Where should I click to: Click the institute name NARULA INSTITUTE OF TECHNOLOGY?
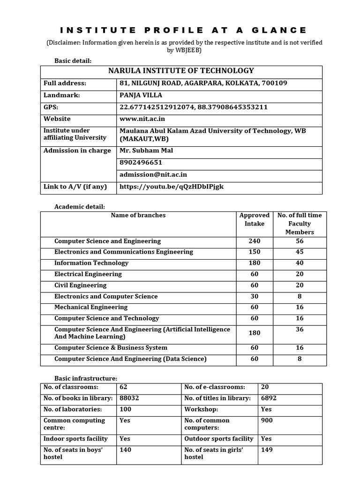click(181, 71)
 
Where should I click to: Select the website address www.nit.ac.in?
click(142, 119)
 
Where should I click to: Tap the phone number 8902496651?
click(141, 163)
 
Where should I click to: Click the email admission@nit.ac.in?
click(153, 174)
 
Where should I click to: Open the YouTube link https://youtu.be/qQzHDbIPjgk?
click(172, 187)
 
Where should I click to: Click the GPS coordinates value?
click(194, 107)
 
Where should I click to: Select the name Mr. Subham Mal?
click(146, 150)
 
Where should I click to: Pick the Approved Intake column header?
click(255, 219)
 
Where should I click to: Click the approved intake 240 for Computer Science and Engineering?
click(255, 241)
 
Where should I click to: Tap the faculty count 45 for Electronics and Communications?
click(300, 252)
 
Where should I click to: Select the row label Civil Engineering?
click(80, 285)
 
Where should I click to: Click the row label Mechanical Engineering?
click(91, 307)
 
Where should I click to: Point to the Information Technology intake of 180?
click(255, 263)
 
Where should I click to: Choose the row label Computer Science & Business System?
click(111, 348)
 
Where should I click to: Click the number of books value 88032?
click(129, 398)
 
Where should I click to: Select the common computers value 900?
click(266, 420)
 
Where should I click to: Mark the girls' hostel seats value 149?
click(267, 450)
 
